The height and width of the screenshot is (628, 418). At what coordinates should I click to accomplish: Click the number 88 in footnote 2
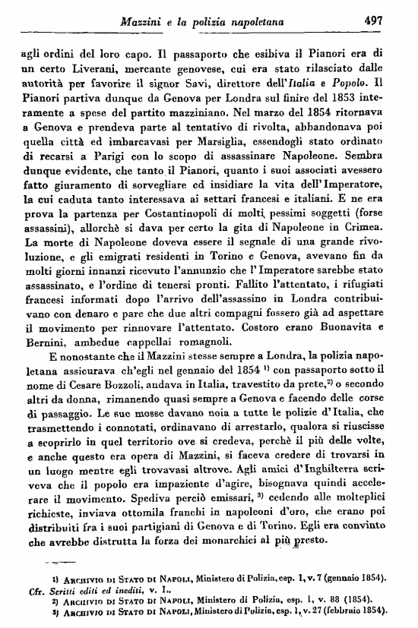(327, 599)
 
